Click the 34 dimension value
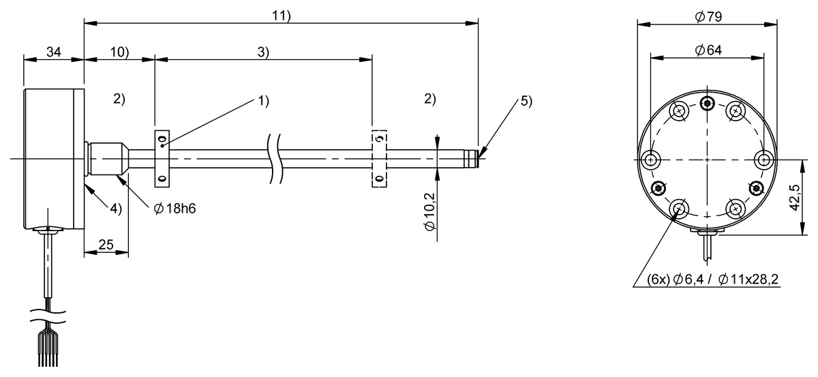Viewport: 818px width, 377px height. point(53,52)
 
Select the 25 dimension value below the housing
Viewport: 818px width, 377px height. point(106,245)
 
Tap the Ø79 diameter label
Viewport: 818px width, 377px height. point(709,16)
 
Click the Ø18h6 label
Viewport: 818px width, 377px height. point(175,209)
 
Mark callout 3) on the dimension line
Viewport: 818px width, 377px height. point(263,52)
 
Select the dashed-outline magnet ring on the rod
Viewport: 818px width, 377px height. point(379,158)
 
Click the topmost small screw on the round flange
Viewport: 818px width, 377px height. point(709,103)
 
